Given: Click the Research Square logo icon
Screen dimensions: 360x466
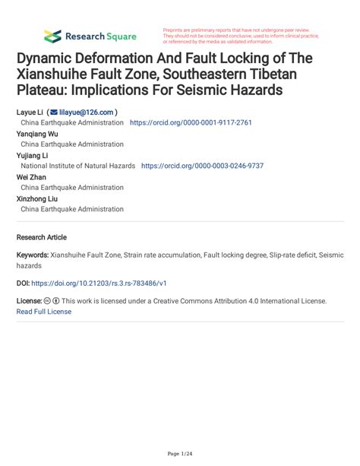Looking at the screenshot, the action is (x=52, y=36).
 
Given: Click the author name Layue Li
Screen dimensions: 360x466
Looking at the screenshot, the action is (x=29, y=112).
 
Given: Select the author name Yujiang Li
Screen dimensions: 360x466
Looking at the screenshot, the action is (x=33, y=155).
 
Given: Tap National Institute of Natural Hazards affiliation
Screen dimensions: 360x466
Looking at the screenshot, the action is (x=78, y=166).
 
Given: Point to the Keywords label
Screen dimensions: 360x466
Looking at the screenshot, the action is (x=33, y=256).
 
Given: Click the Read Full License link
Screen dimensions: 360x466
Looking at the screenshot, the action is (x=44, y=311).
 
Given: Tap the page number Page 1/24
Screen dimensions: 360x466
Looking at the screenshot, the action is (x=179, y=454).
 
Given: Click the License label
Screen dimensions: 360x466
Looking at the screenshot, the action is (x=30, y=301).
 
